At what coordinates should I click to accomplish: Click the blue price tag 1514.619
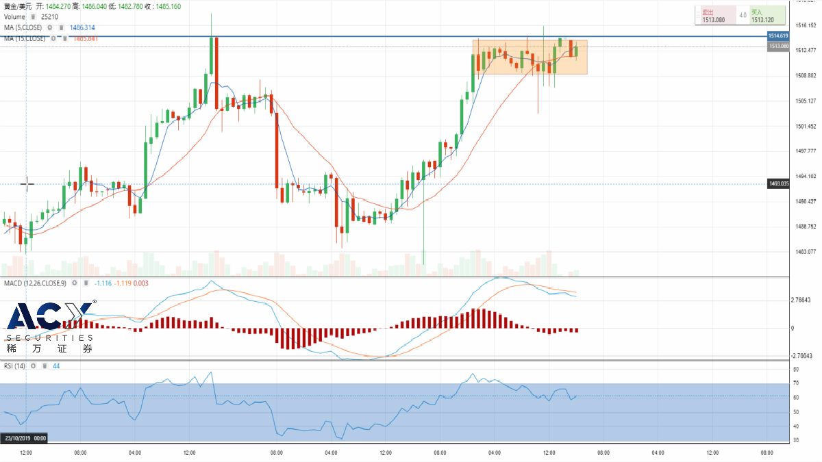[x=778, y=36]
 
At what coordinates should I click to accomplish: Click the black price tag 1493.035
[x=780, y=184]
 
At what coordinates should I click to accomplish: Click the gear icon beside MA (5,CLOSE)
[x=50, y=27]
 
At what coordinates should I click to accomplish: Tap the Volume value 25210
[x=49, y=16]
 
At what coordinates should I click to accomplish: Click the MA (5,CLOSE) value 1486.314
[x=82, y=27]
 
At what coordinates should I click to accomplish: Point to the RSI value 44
[x=56, y=366]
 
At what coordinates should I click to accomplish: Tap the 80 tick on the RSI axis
[x=796, y=370]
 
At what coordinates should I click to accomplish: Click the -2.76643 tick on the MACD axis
[x=800, y=356]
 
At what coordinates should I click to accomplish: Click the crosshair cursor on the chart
[x=27, y=183]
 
